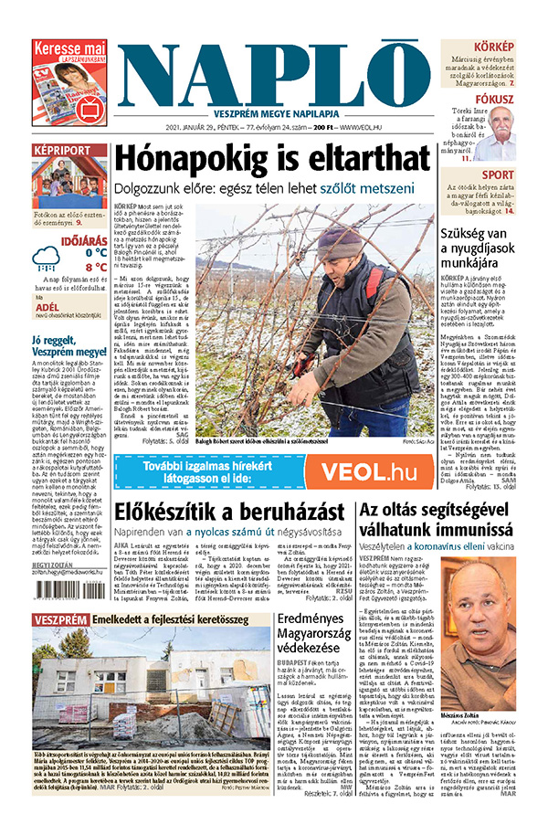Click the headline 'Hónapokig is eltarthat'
pyautogui.click(x=273, y=158)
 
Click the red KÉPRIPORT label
pyautogui.click(x=61, y=151)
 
